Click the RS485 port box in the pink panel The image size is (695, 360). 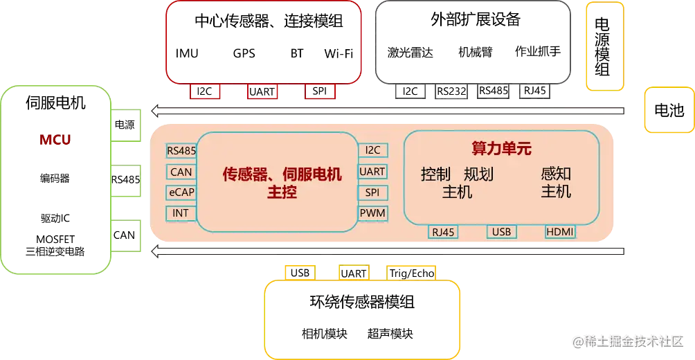click(181, 151)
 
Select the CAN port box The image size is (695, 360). click(181, 172)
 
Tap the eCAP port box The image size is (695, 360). click(181, 192)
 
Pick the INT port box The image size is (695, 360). click(181, 213)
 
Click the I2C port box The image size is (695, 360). click(372, 150)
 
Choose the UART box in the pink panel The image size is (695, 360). click(372, 171)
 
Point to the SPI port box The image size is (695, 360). click(372, 192)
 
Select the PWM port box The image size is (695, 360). click(372, 213)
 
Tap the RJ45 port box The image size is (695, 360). click(443, 232)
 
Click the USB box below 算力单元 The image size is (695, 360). click(500, 232)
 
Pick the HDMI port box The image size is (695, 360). click(559, 232)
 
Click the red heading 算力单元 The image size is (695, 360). click(501, 148)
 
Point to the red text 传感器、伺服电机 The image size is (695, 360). click(282, 174)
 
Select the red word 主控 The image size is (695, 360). click(282, 192)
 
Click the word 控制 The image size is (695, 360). click(435, 174)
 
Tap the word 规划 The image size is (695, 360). click(478, 174)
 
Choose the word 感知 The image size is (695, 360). click(556, 174)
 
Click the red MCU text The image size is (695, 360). click(55, 141)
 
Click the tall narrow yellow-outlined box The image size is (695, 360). click(605, 46)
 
